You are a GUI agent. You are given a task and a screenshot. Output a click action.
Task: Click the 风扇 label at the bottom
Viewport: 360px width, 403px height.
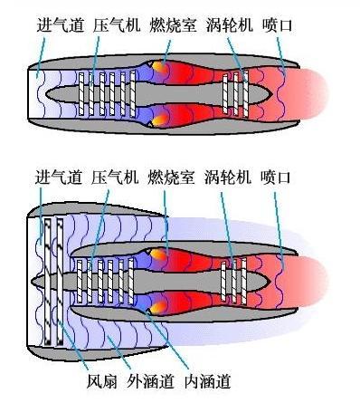point(98,379)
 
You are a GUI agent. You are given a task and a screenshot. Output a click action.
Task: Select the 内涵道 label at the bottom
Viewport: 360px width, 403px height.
point(204,379)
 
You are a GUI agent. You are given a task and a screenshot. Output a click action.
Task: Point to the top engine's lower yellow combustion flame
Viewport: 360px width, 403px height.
point(158,116)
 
